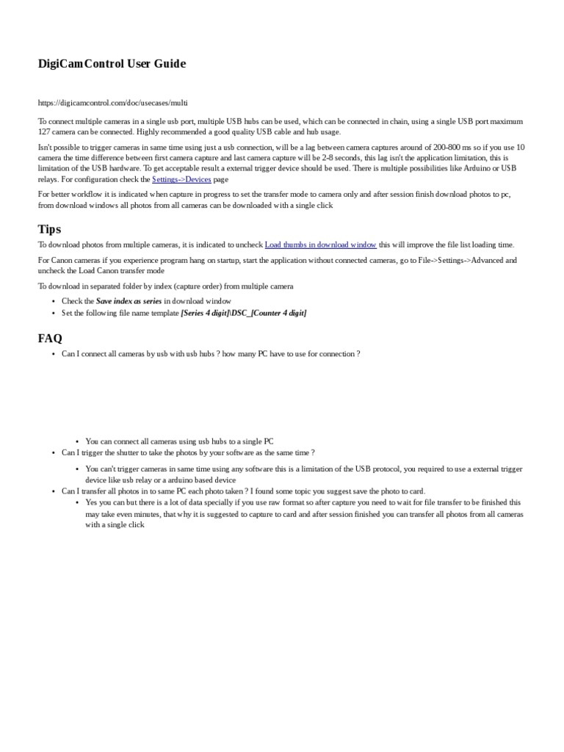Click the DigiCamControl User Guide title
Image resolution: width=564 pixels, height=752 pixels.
(x=112, y=64)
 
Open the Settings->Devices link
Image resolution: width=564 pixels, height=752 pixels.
(x=181, y=179)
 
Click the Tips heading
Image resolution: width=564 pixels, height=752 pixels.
(x=51, y=228)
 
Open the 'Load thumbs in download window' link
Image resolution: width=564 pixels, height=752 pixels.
(x=320, y=245)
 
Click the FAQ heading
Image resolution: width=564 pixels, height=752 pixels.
(x=50, y=338)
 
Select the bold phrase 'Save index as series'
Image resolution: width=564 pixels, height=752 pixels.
(x=129, y=301)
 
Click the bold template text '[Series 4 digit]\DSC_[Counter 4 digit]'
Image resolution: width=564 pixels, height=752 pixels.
(x=244, y=313)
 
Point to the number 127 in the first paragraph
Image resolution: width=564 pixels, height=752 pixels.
(x=45, y=131)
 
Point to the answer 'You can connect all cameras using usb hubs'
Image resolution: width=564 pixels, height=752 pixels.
(x=179, y=441)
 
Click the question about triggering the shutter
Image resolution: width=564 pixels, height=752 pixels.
(x=188, y=452)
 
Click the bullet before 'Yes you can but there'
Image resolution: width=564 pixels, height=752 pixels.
(x=77, y=503)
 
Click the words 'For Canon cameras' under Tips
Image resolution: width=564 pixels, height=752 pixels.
(x=67, y=260)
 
